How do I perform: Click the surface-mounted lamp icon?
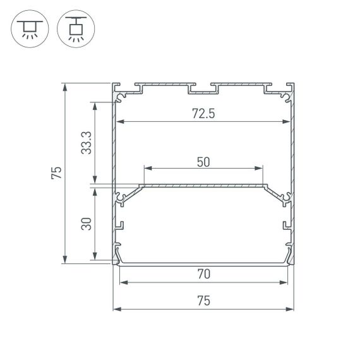(28, 28)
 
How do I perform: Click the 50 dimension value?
(203, 161)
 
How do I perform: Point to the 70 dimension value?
(203, 274)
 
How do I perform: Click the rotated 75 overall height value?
(57, 172)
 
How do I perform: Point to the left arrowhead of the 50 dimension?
(148, 169)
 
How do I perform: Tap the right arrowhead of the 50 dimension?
(259, 169)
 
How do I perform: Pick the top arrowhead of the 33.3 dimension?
(95, 105)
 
